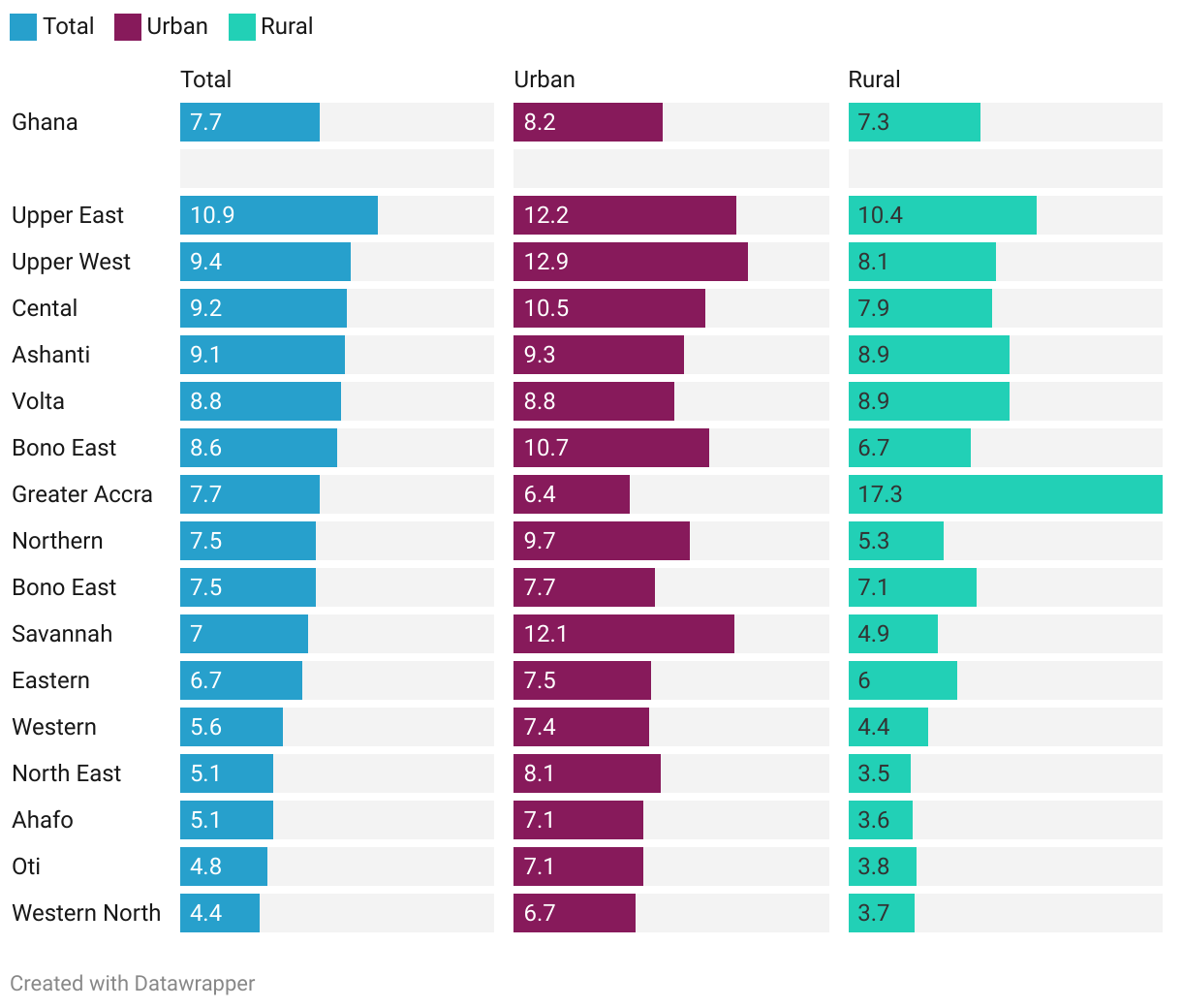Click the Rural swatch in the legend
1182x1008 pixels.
(x=241, y=27)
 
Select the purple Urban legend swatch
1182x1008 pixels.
(x=128, y=27)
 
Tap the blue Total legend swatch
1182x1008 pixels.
(x=23, y=27)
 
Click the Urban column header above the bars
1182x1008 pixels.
(x=544, y=79)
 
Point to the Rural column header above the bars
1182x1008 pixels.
(x=874, y=79)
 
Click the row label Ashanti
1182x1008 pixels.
(x=51, y=355)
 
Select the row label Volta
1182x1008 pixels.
(x=39, y=401)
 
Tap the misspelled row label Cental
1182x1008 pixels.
(x=45, y=308)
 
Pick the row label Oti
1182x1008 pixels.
(x=26, y=866)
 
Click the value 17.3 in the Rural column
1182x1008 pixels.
(x=880, y=494)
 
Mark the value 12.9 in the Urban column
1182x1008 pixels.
(x=546, y=262)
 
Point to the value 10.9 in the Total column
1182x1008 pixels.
(x=212, y=215)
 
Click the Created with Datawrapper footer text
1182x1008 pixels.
(x=133, y=983)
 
